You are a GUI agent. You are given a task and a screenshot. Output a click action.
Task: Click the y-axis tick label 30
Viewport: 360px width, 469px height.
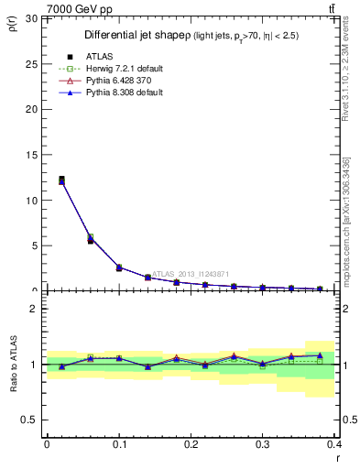30,18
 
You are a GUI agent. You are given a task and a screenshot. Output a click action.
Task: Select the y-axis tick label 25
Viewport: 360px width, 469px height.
30,63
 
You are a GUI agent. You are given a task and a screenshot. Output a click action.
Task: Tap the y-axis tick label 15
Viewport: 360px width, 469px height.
30,155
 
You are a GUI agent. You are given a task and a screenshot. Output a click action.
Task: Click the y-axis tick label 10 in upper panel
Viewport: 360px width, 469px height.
30,200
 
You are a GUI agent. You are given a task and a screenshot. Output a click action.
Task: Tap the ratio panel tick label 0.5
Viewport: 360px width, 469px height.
28,420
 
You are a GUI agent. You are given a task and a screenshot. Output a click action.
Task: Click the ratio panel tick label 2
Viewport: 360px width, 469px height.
33,310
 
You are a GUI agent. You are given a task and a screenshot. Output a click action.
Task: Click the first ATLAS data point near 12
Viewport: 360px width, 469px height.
61,180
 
